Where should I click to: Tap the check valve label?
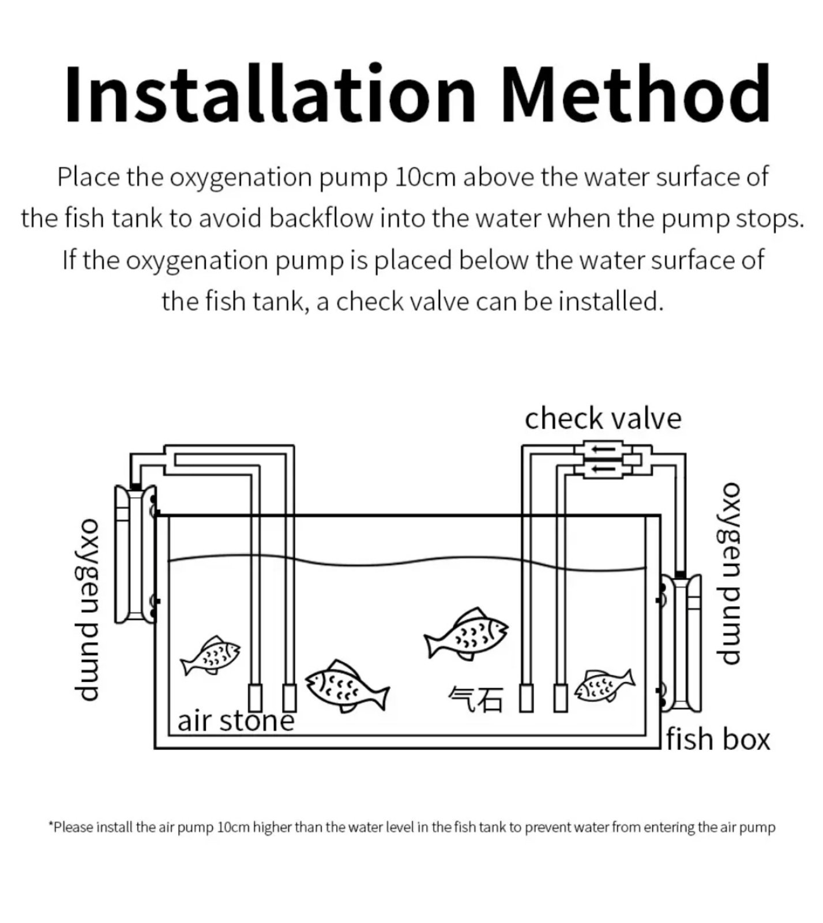coord(603,418)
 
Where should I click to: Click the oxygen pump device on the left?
coord(136,554)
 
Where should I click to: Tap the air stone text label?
coord(235,721)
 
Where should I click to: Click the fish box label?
coord(718,740)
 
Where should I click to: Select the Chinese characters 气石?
coord(476,700)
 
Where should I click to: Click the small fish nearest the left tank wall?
coord(211,654)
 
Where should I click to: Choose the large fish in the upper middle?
coord(466,633)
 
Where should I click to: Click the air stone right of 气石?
coord(525,697)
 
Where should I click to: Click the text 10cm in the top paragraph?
coord(425,177)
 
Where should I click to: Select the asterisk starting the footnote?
coord(51,826)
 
